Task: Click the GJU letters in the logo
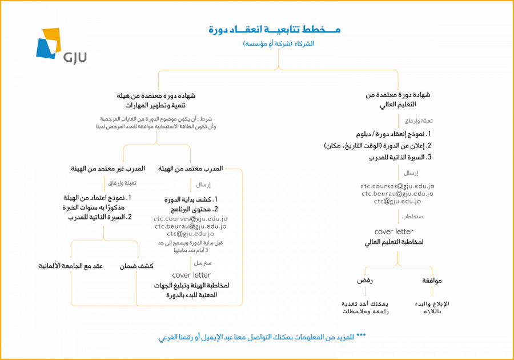[x=75, y=57]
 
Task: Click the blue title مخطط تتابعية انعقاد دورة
[x=275, y=30]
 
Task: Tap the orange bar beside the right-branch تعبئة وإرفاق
[x=398, y=121]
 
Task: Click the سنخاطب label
[x=412, y=217]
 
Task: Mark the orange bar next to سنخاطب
[x=398, y=217]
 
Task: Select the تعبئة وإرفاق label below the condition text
[x=122, y=184]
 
